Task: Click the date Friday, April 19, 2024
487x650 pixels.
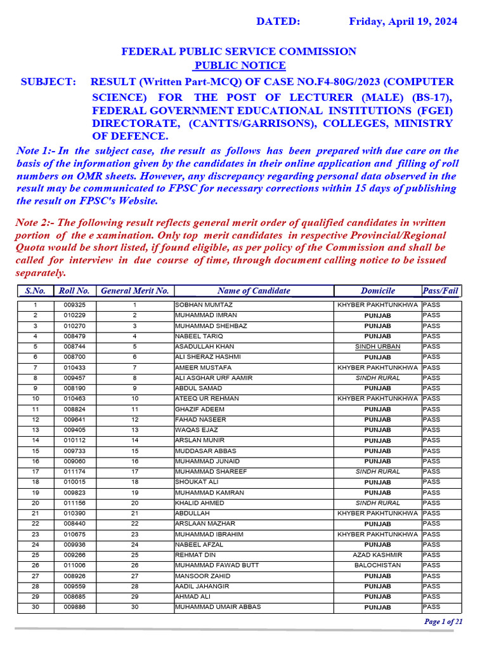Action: [403, 22]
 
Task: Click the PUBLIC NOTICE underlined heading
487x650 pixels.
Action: [239, 66]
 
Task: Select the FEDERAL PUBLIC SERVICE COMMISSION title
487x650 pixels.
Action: [238, 51]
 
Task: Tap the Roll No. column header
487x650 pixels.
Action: [74, 291]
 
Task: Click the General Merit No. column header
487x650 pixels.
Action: [135, 291]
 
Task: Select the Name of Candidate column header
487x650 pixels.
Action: [253, 291]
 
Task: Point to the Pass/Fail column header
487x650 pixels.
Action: [441, 291]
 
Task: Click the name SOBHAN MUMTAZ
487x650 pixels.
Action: [198, 305]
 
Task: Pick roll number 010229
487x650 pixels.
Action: [74, 315]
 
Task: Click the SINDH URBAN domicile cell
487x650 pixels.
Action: [377, 347]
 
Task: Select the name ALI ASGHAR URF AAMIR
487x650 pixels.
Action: [213, 378]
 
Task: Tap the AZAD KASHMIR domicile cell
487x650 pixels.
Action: [377, 555]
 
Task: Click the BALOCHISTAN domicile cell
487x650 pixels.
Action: [377, 565]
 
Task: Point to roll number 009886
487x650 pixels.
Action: [74, 607]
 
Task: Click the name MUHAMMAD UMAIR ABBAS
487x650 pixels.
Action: [218, 607]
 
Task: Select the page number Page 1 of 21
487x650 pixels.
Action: [443, 621]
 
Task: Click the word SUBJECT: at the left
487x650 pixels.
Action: [49, 82]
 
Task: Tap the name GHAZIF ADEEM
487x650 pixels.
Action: [199, 409]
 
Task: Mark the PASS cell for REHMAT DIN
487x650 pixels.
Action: [431, 555]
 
